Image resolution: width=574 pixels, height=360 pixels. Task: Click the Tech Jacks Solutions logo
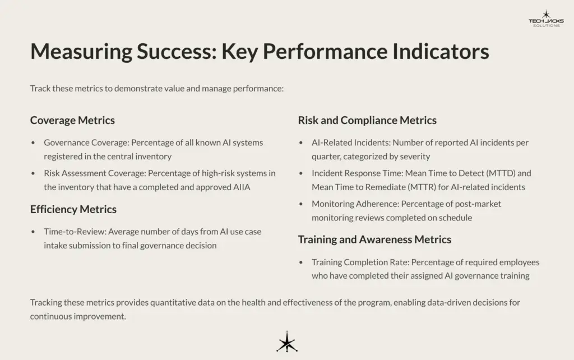point(545,19)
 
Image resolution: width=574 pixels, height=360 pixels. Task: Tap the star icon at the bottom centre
point(286,342)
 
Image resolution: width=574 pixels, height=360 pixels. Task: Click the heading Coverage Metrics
point(72,120)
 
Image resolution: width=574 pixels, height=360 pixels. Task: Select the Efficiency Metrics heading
point(73,209)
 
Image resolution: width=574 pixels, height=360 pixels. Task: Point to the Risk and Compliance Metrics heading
point(367,120)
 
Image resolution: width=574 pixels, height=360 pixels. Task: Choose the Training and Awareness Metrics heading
point(374,239)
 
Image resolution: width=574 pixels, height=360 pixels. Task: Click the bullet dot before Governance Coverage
point(34,143)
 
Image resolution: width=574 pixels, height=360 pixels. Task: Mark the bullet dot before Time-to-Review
point(34,232)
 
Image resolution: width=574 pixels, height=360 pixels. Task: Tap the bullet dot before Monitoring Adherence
point(302,204)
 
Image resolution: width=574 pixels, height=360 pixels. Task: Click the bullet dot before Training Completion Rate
point(302,262)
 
